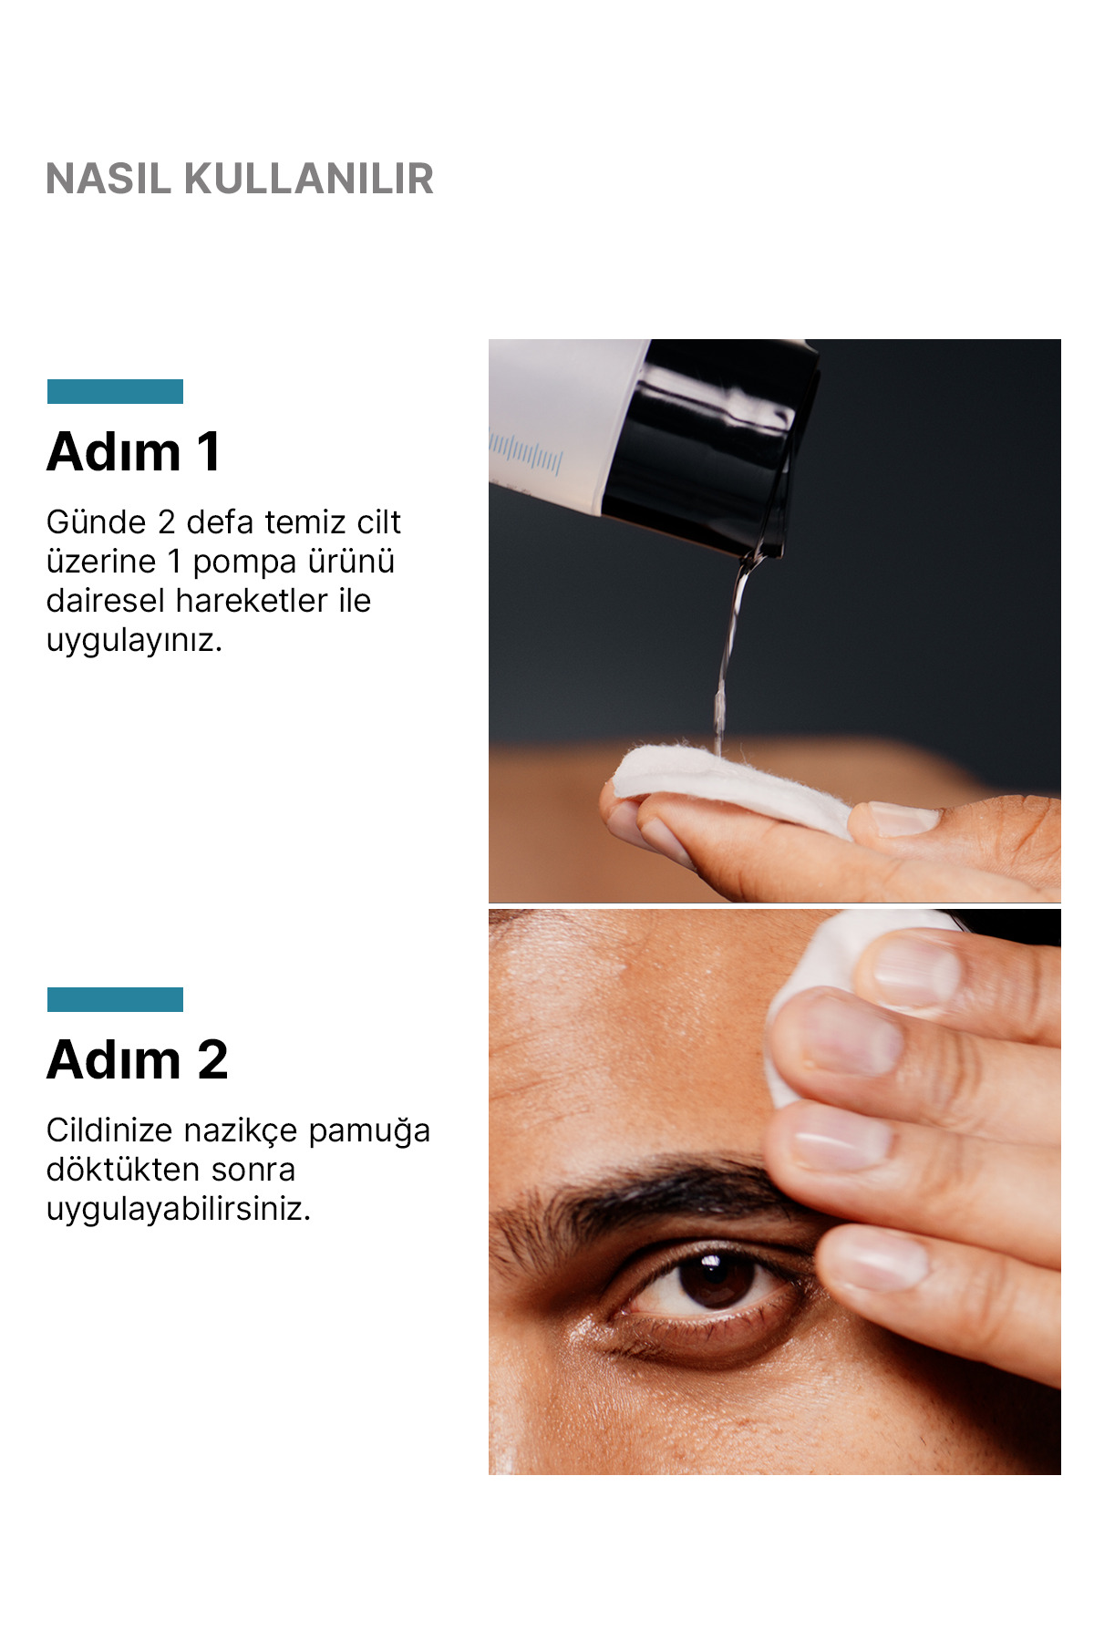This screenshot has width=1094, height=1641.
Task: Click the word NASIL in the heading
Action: pyautogui.click(x=108, y=179)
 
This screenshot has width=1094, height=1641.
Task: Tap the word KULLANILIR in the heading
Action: pyautogui.click(x=309, y=179)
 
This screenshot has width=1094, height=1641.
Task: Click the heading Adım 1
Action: pyautogui.click(x=134, y=451)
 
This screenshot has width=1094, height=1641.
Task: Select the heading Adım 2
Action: pyautogui.click(x=137, y=1059)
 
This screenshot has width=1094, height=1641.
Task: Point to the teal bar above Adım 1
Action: pyautogui.click(x=115, y=391)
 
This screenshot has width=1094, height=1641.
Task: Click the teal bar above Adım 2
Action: pyautogui.click(x=115, y=999)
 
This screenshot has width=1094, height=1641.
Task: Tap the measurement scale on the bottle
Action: pyautogui.click(x=526, y=454)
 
